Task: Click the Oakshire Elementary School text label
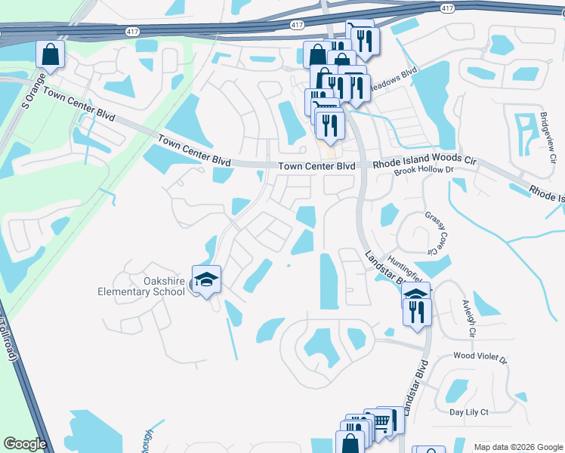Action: tap(143, 286)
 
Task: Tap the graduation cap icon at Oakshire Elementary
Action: tap(206, 279)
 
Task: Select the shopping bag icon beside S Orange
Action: tap(50, 54)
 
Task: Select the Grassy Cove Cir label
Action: tap(432, 231)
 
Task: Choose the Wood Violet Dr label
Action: tap(479, 355)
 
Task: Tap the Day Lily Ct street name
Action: tap(469, 411)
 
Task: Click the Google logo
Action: tap(24, 444)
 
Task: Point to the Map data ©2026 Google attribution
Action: tap(517, 447)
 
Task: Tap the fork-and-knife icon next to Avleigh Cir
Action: tap(417, 311)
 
